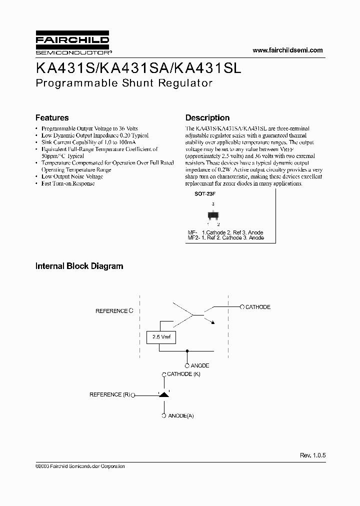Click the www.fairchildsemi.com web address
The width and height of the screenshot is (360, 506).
pos(287,50)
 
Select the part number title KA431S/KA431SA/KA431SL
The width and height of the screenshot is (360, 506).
pos(138,67)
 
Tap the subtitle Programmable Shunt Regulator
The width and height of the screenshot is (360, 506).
pos(124,83)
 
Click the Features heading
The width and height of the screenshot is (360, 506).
pos(52,118)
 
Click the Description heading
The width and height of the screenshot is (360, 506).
pos(207,118)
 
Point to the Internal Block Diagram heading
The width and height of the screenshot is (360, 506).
pos(79,266)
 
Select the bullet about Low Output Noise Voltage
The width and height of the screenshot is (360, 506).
pos(72,176)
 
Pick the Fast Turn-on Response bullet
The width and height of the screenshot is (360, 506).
pos(68,183)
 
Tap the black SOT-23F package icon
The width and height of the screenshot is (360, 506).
pos(213,216)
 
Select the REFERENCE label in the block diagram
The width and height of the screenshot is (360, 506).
pos(111,311)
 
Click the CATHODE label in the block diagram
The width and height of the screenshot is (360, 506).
pos(257,307)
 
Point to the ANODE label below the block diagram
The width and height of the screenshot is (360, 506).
pos(200,365)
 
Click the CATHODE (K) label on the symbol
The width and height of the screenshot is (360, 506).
pos(183,374)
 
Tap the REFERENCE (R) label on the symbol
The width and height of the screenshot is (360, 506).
pos(109,394)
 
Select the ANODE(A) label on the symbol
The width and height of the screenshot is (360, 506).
pos(181,415)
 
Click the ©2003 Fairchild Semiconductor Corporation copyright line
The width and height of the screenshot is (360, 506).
pos(80,466)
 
